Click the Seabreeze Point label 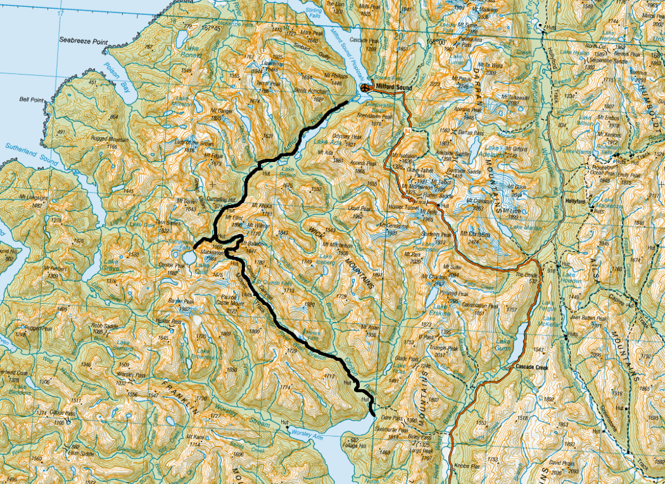tap(82, 39)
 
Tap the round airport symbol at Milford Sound tap(365, 87)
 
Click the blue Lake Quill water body tap(188, 258)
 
